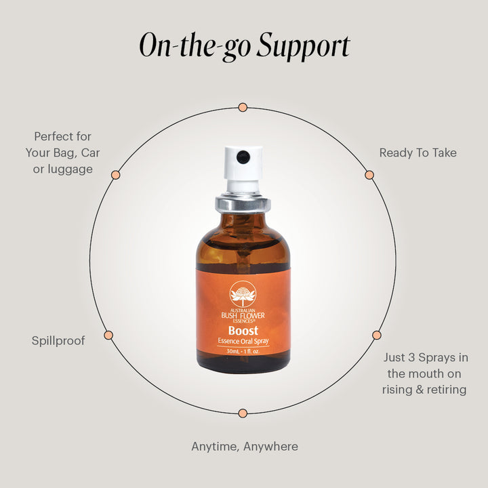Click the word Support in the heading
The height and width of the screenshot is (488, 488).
tap(304, 47)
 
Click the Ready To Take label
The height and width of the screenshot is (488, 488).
tap(418, 152)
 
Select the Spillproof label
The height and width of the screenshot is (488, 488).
tap(58, 341)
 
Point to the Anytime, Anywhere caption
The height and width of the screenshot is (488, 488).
tap(245, 447)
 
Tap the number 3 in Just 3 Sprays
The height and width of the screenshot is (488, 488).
tap(411, 357)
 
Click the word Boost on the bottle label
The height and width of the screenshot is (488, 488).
tap(243, 331)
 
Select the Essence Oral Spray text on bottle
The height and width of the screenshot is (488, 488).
tap(243, 341)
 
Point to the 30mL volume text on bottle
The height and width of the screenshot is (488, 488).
tap(232, 351)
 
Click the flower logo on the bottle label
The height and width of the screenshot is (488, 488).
tap(243, 293)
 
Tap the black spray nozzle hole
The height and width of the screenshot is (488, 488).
tap(243, 157)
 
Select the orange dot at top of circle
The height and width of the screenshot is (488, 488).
tap(243, 107)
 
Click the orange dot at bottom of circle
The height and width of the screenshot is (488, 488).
tap(243, 413)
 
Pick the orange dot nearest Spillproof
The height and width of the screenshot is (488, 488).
tap(108, 335)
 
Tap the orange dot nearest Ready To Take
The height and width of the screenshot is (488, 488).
tap(369, 175)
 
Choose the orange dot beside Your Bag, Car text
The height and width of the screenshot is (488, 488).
tap(115, 175)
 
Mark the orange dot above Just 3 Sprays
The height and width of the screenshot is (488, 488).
tap(377, 335)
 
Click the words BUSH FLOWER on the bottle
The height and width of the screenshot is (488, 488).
tap(243, 316)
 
